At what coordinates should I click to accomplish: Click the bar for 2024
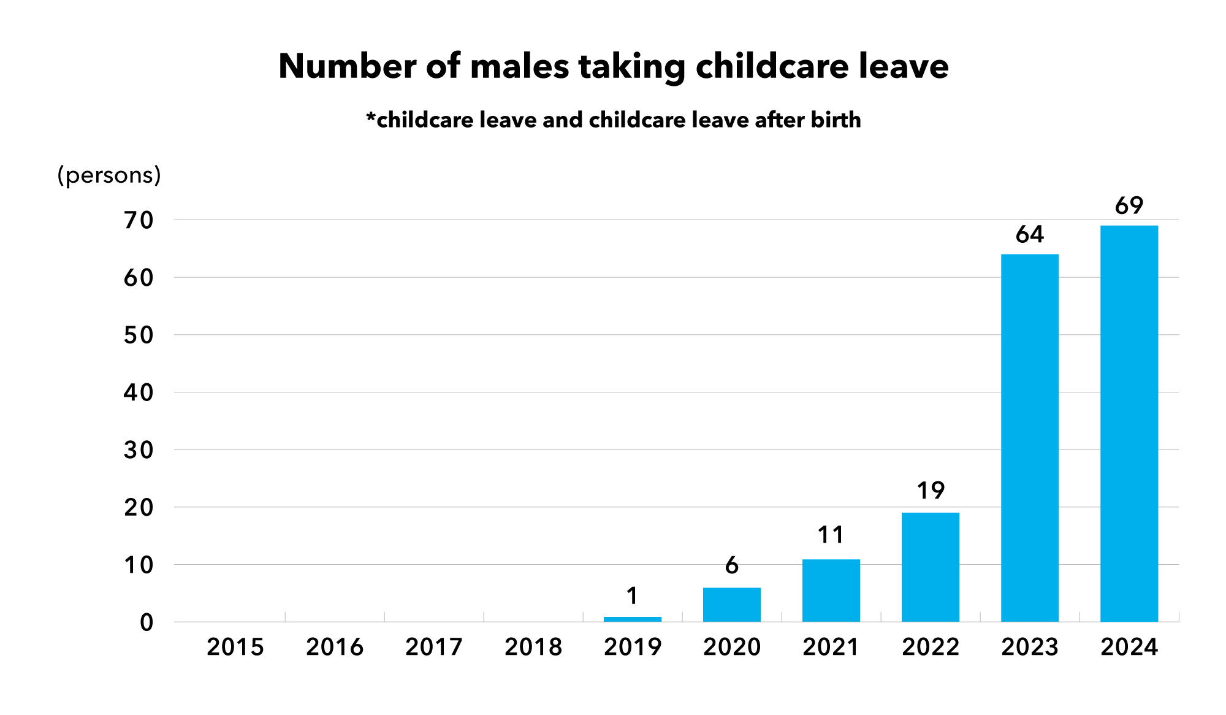pos(1129,423)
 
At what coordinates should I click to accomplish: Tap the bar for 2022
pos(931,567)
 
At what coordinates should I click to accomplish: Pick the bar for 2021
pos(831,590)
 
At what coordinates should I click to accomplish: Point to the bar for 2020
pos(732,605)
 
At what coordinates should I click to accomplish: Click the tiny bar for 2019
pos(633,619)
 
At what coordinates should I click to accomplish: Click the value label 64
pos(1030,235)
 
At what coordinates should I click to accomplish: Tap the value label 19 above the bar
pos(931,491)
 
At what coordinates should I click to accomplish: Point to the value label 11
pos(831,535)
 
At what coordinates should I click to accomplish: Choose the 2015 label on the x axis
pos(235,648)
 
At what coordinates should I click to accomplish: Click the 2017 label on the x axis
pos(433,648)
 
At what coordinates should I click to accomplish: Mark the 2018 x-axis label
pos(533,648)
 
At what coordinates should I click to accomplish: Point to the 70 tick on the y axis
pos(139,221)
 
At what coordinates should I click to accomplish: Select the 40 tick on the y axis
pos(139,392)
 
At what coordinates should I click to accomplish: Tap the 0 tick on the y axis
pos(147,623)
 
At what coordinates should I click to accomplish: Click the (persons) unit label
pos(109,175)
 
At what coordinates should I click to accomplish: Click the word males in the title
pos(519,66)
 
